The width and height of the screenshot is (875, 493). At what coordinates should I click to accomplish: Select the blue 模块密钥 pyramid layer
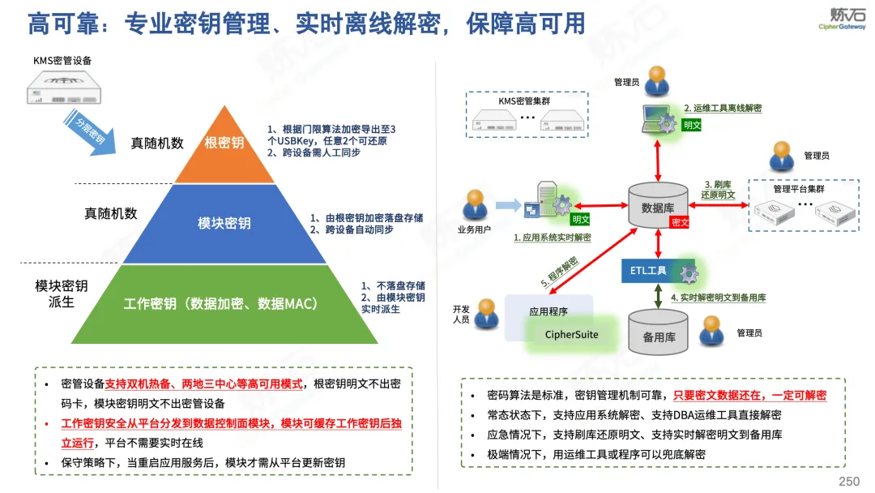[224, 224]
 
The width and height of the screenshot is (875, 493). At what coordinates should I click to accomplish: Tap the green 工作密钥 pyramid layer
[224, 304]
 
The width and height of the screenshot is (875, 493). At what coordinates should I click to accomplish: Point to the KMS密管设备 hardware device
[64, 88]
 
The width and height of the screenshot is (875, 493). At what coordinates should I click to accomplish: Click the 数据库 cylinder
[658, 205]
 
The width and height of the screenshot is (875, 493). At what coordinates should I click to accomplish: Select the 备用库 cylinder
[659, 332]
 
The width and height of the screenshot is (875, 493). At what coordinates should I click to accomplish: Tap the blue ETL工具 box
[658, 271]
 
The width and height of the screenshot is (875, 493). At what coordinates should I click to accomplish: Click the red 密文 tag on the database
[680, 222]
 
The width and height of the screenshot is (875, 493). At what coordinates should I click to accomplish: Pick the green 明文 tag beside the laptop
[692, 125]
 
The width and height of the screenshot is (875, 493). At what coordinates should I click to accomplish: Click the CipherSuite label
[571, 334]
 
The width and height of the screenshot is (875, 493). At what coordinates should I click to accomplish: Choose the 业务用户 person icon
[475, 204]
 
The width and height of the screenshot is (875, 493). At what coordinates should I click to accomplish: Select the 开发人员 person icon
[486, 314]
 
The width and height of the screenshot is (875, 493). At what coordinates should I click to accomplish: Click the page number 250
[849, 482]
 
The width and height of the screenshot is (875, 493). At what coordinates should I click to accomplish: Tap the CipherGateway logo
[843, 19]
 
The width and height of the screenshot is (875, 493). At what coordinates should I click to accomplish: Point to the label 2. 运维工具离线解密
[723, 109]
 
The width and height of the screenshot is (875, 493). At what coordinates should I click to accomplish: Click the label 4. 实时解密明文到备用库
[718, 298]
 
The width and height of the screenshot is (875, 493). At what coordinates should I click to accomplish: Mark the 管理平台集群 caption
[799, 189]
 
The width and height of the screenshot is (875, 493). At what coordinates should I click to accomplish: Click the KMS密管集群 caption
[524, 101]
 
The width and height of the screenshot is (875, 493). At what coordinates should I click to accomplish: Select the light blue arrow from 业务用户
[508, 205]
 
